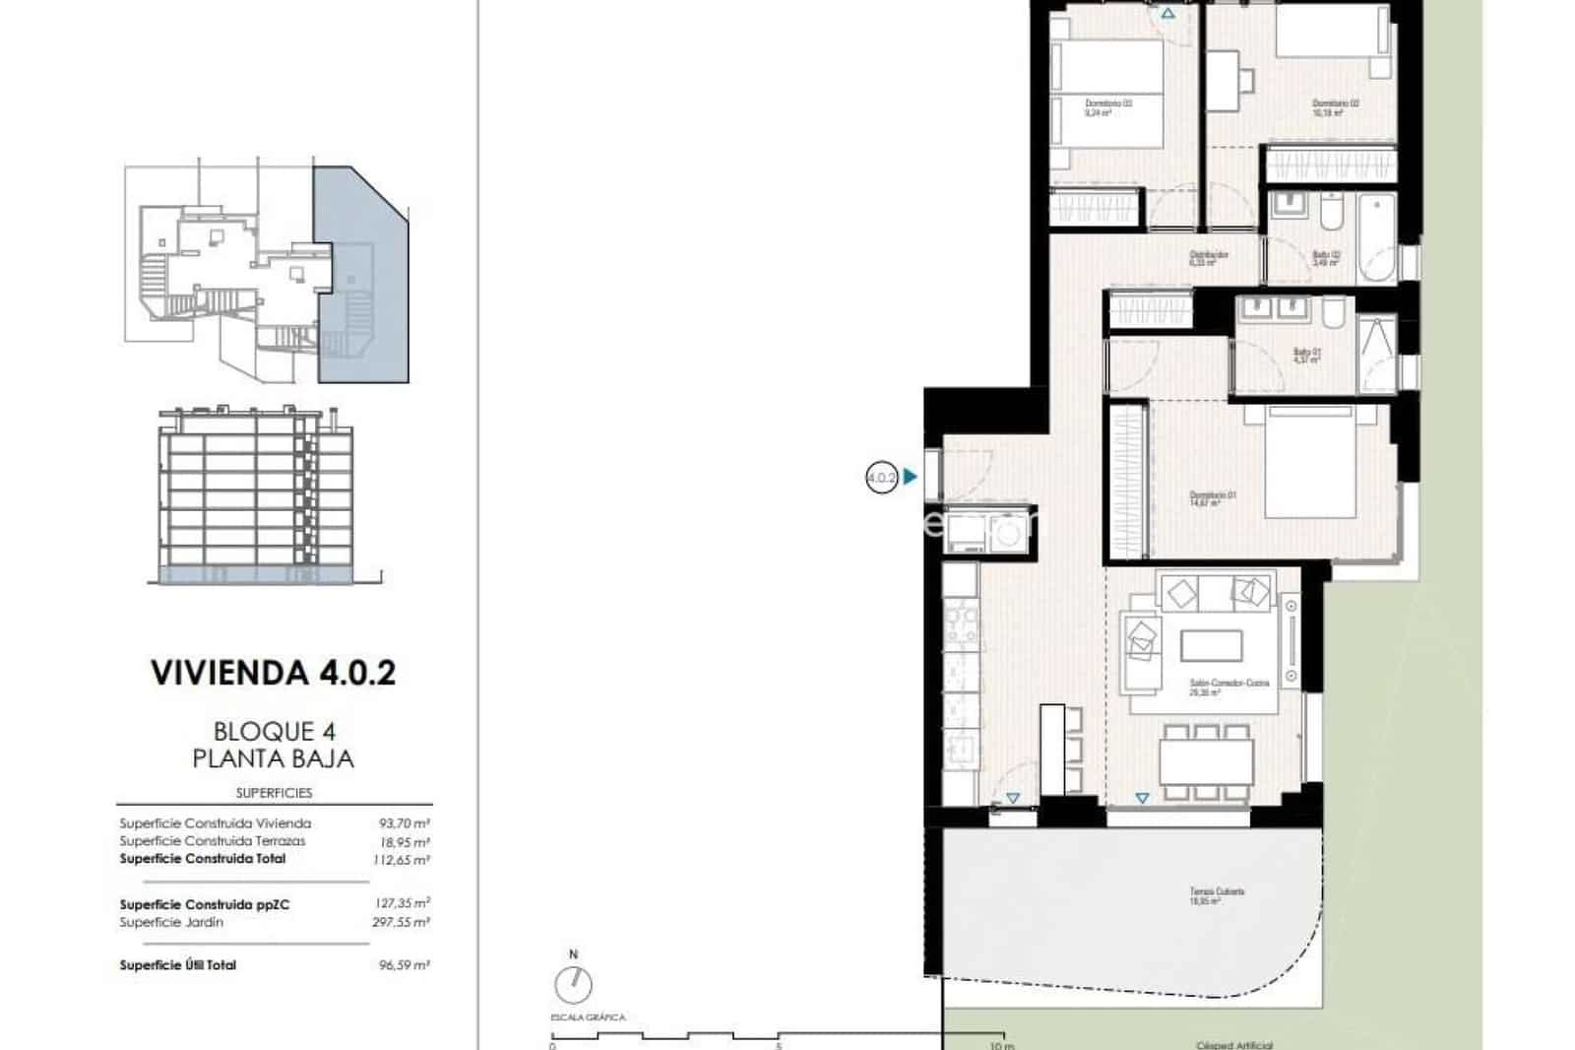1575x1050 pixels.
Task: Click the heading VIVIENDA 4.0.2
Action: click(273, 673)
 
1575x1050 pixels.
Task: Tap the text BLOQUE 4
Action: click(274, 731)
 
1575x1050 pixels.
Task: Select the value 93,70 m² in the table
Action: click(405, 823)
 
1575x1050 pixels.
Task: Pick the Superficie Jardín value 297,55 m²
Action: click(405, 923)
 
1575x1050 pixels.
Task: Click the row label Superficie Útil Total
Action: click(177, 965)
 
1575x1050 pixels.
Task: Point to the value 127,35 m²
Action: click(405, 903)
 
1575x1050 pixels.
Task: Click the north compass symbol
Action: click(574, 984)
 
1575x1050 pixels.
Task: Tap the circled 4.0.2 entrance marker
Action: click(881, 478)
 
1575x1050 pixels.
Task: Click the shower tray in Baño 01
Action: click(1374, 353)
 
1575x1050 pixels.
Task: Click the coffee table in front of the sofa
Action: click(1211, 645)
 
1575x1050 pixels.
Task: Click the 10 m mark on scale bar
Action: click(1002, 1044)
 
